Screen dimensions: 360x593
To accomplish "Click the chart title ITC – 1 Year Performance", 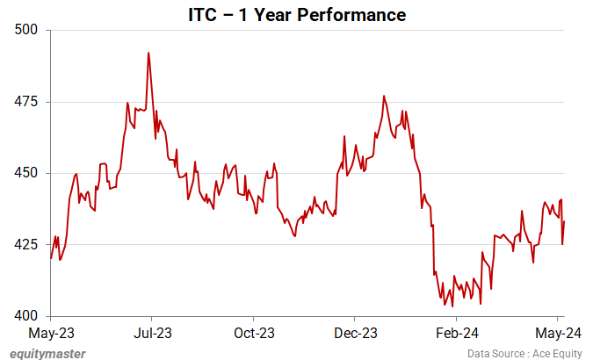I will [x=296, y=15].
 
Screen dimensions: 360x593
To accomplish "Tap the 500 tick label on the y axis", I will [x=29, y=30].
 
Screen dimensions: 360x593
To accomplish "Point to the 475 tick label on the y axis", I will [x=29, y=102].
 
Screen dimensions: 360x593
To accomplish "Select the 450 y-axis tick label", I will [x=29, y=173].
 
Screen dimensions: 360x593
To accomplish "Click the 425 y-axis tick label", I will [x=29, y=244].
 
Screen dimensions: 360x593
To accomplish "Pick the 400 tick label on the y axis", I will [x=29, y=316].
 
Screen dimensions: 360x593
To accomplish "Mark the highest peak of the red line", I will [x=148, y=53].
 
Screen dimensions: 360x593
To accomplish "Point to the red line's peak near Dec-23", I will [x=384, y=96].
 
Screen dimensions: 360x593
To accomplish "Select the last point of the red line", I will [x=564, y=222].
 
